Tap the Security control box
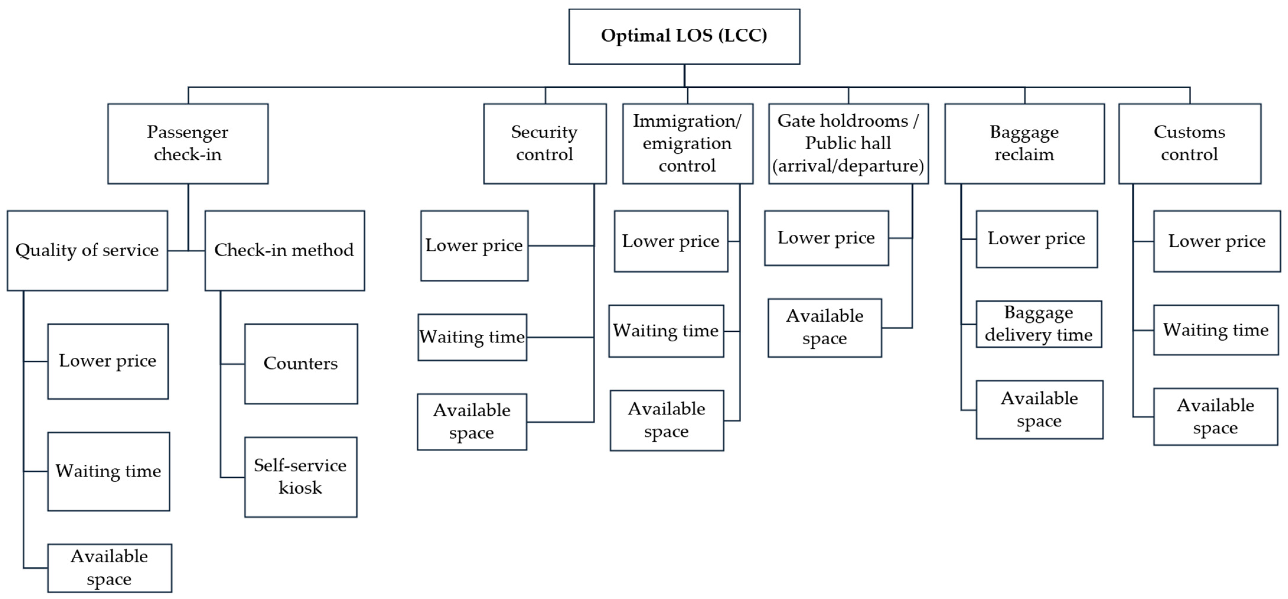(544, 144)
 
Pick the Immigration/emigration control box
(687, 144)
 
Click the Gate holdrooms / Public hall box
(848, 144)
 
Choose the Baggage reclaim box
(1024, 144)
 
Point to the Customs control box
(1189, 144)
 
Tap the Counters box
(301, 364)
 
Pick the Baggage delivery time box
(1038, 324)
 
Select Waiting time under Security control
(472, 337)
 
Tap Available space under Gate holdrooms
(824, 328)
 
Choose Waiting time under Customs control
(1215, 330)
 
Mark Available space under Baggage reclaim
(1039, 409)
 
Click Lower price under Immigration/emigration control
(671, 241)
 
